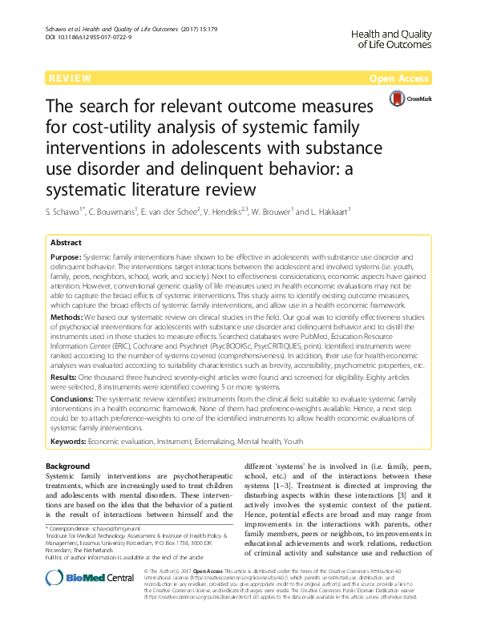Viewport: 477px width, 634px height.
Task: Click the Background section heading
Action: pyautogui.click(x=68, y=466)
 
